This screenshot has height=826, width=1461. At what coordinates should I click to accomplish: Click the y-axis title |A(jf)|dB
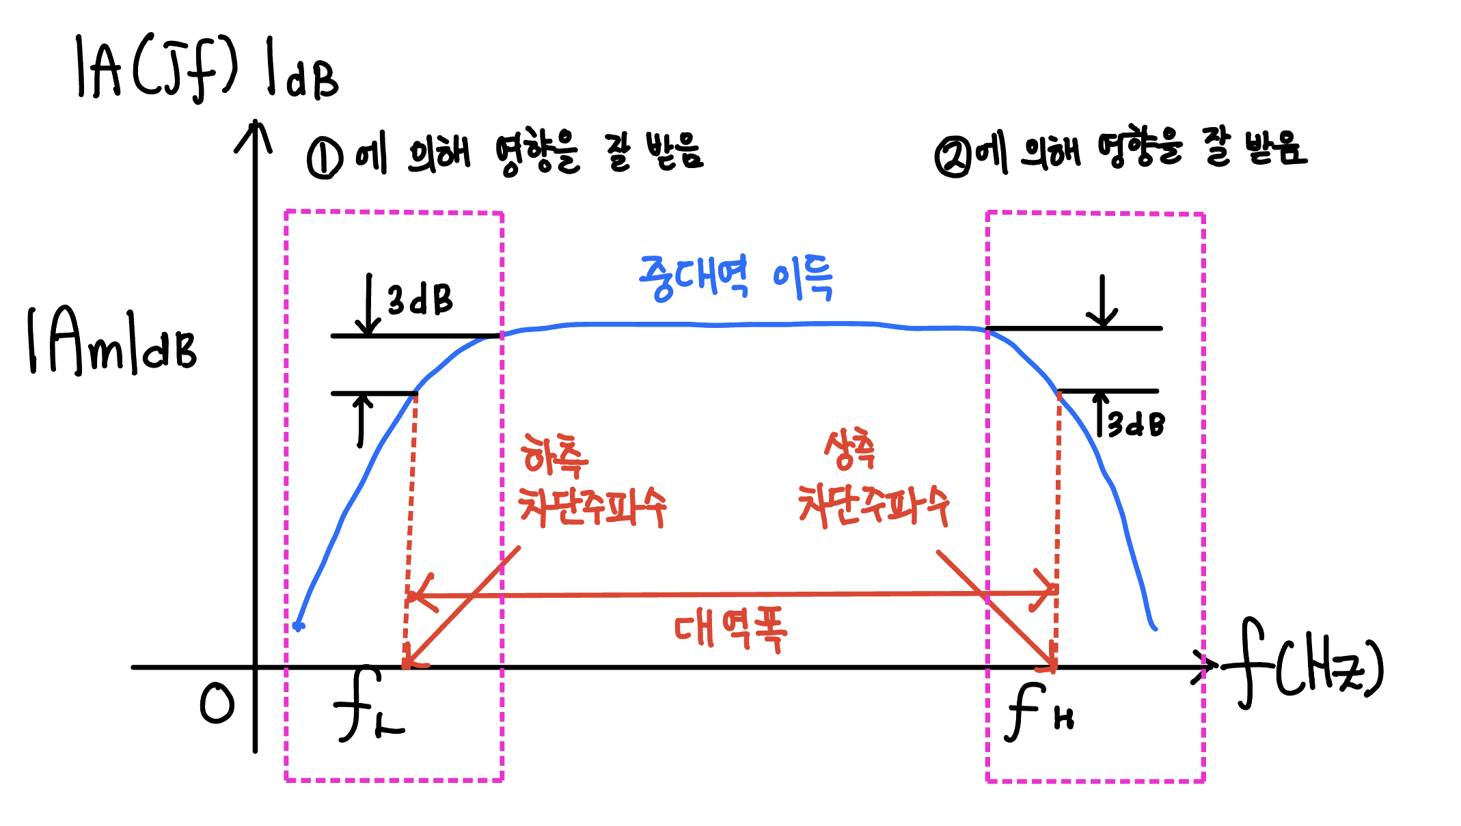[x=205, y=68]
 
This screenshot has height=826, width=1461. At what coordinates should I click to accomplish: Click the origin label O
[x=217, y=704]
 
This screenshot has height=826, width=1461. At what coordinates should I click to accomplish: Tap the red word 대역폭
[x=730, y=630]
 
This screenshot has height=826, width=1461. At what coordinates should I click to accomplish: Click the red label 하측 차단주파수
[x=591, y=482]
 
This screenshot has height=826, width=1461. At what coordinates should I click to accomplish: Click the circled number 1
[x=325, y=158]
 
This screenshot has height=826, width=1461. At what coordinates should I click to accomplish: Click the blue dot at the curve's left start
[x=298, y=625]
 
